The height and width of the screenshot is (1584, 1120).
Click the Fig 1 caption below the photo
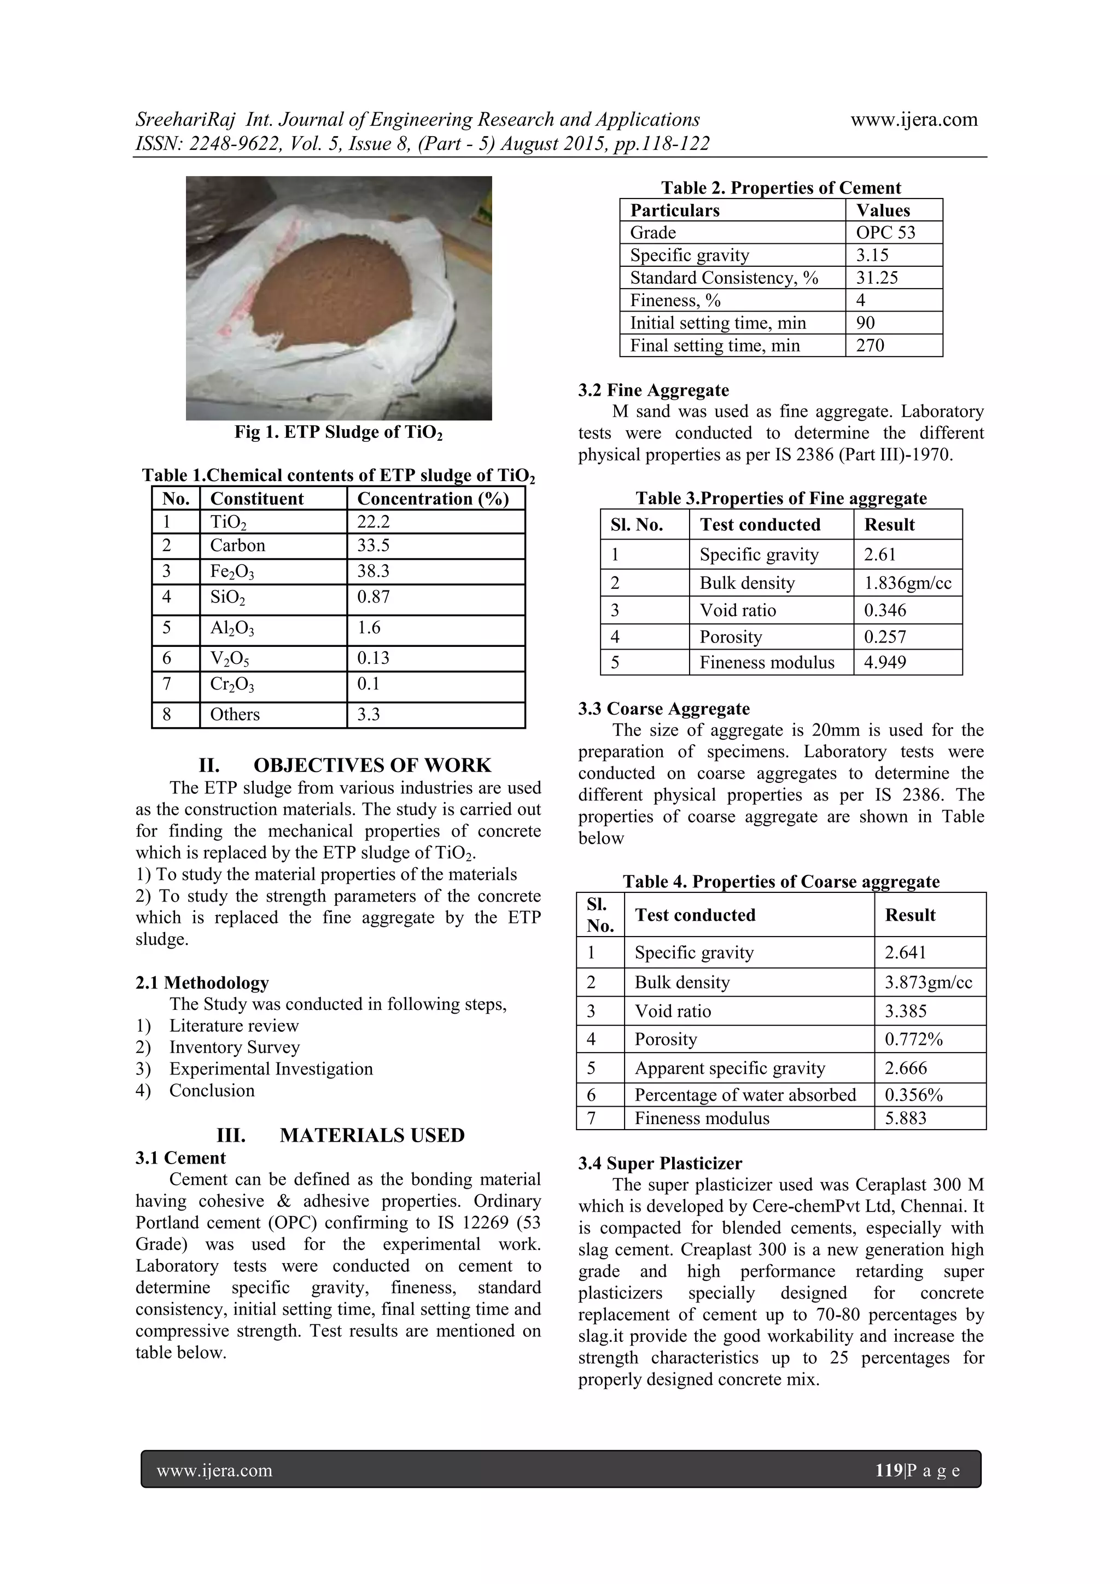(338, 432)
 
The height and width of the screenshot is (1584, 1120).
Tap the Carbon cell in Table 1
(237, 546)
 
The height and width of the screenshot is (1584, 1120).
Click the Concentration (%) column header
(433, 499)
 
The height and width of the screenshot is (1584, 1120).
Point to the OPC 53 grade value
(885, 232)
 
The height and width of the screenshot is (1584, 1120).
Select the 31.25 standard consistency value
(877, 278)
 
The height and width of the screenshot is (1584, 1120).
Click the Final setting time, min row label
(714, 346)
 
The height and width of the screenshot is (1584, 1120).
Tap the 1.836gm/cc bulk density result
(907, 583)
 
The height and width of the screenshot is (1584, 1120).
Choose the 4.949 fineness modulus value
(885, 663)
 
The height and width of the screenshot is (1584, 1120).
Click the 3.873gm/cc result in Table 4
(928, 983)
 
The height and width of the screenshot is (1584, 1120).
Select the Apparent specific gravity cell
(730, 1068)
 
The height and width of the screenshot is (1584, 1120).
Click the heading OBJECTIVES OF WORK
(372, 766)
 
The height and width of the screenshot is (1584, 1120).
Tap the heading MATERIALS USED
(372, 1136)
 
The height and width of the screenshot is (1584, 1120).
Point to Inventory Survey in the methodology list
(235, 1047)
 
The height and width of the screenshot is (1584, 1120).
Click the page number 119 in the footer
(888, 1470)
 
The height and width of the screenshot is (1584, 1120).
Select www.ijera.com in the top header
(914, 120)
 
